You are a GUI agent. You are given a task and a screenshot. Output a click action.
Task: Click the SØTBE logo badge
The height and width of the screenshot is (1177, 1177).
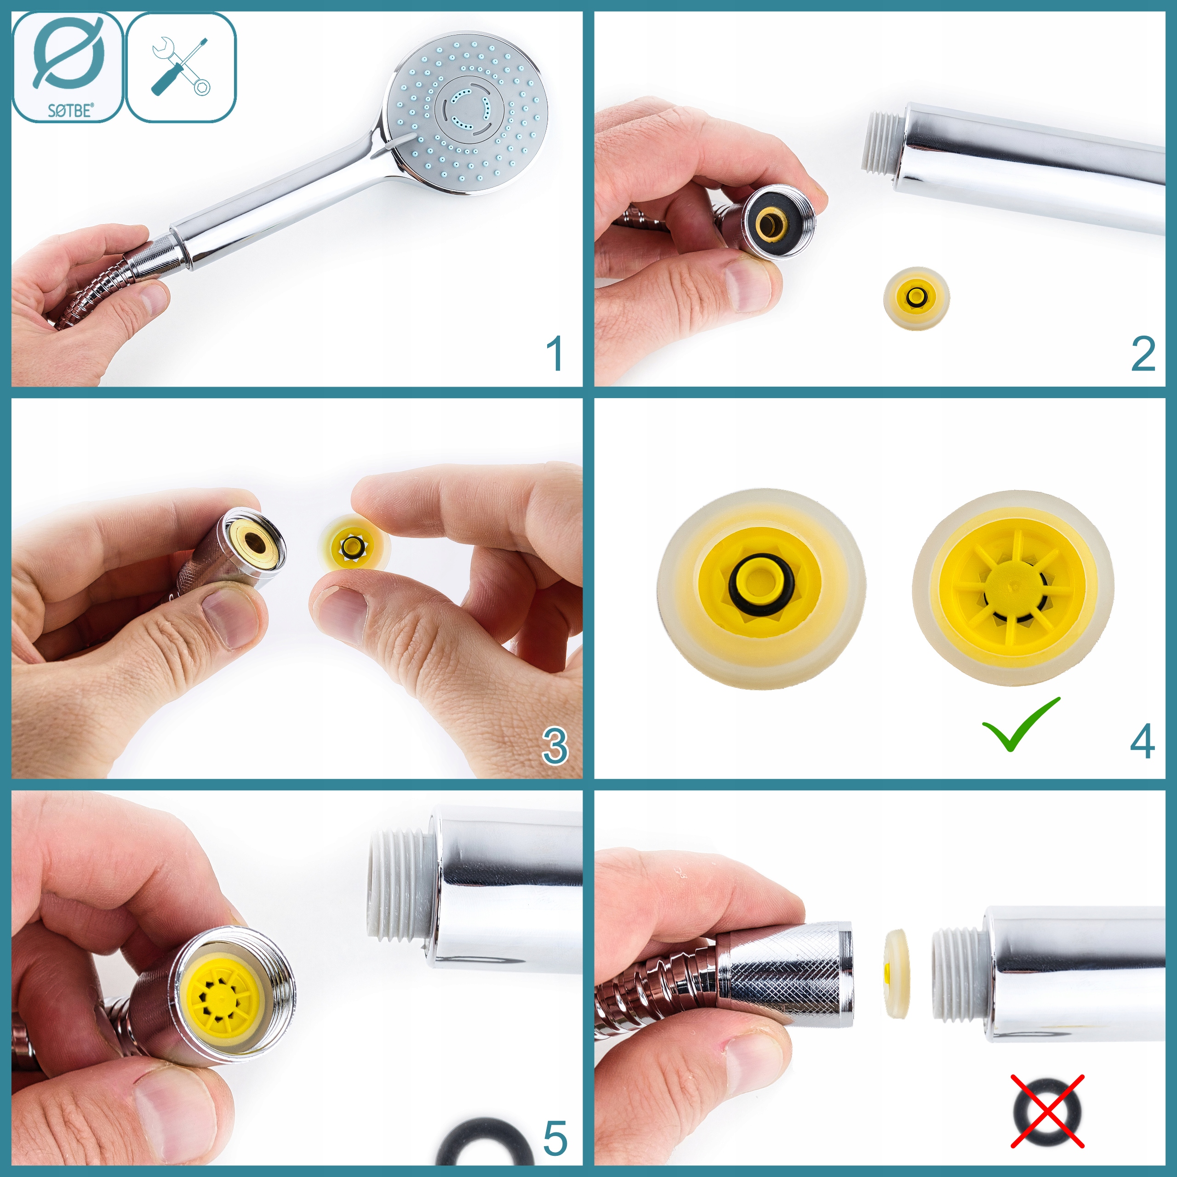[x=68, y=67]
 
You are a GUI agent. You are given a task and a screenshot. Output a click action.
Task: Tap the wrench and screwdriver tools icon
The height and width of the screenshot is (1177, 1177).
[x=181, y=67]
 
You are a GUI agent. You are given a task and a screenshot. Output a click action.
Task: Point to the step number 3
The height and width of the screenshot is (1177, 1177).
[x=555, y=746]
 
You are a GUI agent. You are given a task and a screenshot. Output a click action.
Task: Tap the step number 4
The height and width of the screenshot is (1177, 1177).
[x=1142, y=742]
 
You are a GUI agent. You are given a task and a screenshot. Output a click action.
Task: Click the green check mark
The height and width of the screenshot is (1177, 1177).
[x=1021, y=724]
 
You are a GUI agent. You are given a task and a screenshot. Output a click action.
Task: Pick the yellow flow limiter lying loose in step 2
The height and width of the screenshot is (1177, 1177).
[x=916, y=298]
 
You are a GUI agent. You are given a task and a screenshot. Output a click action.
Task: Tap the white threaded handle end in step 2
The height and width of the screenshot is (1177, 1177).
[x=882, y=140]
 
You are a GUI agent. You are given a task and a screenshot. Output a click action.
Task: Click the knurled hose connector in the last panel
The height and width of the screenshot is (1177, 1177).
[x=786, y=973]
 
